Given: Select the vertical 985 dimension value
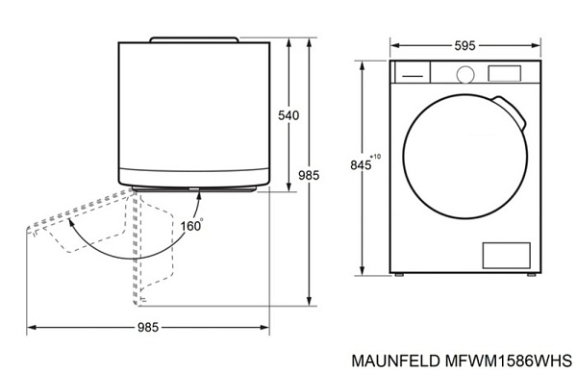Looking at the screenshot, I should click(309, 176).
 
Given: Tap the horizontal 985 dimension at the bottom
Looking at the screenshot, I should click(146, 328).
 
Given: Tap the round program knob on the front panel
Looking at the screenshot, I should click(465, 73).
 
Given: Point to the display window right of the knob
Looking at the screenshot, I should click(506, 73).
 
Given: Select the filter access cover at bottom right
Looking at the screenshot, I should click(505, 254).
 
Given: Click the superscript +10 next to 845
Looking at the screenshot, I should click(375, 156).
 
